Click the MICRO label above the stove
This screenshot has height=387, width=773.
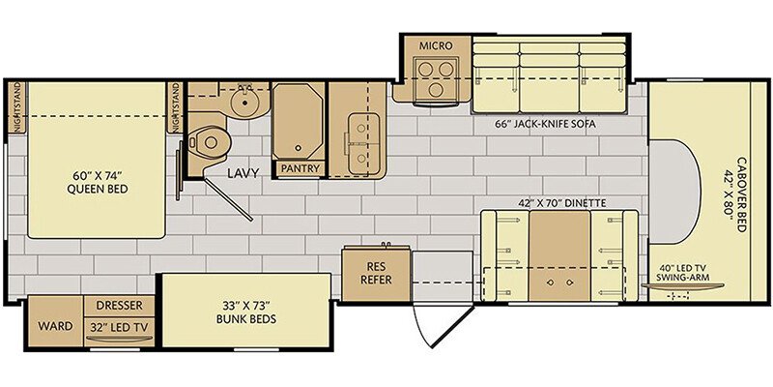(x=436, y=45)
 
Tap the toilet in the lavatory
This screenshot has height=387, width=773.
(x=208, y=142)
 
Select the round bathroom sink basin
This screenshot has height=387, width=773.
(x=243, y=104)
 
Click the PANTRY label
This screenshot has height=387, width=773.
(x=301, y=168)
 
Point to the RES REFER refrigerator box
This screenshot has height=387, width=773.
(x=376, y=275)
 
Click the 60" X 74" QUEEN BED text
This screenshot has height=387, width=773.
(x=98, y=182)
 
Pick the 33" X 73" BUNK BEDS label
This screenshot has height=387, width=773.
(x=246, y=312)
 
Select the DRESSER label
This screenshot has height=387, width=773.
(x=119, y=306)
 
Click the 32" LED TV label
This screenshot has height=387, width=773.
(x=119, y=326)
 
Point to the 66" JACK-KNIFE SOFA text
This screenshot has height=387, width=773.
(x=546, y=125)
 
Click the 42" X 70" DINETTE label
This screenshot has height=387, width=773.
(x=562, y=202)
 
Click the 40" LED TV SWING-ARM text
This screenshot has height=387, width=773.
(x=683, y=273)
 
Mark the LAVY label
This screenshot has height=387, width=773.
(x=243, y=173)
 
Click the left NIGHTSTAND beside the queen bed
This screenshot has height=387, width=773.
(x=16, y=107)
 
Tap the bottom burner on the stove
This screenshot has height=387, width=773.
(x=436, y=90)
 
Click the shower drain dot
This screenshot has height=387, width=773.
(x=298, y=148)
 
